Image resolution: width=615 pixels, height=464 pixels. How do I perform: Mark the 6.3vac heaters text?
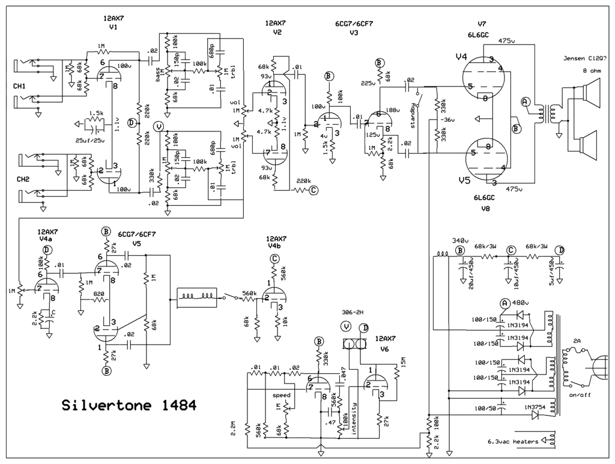tap(513, 442)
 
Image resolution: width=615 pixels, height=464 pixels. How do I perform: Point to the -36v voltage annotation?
tap(446, 119)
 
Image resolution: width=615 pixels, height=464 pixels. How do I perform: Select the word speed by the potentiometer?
tap(282, 396)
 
